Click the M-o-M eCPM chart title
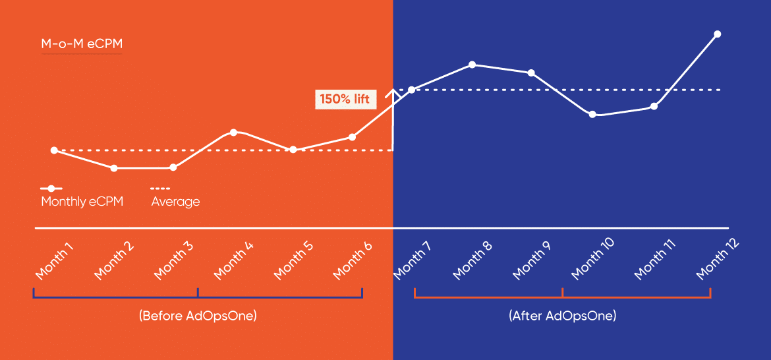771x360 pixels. click(82, 44)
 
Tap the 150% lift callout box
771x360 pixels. click(345, 100)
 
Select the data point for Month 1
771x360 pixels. click(54, 150)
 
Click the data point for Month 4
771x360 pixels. click(234, 133)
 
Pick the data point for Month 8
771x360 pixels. click(472, 65)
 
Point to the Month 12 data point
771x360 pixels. click(717, 34)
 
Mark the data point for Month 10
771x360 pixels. click(592, 114)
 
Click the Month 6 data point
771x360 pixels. click(353, 137)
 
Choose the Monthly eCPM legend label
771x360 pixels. click(82, 202)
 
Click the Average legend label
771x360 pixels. click(175, 202)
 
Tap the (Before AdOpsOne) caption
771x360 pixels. click(198, 316)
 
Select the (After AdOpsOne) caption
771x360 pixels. click(562, 316)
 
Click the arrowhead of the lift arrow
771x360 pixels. click(393, 92)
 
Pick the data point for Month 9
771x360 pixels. click(531, 73)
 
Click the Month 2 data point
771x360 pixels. click(114, 168)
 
